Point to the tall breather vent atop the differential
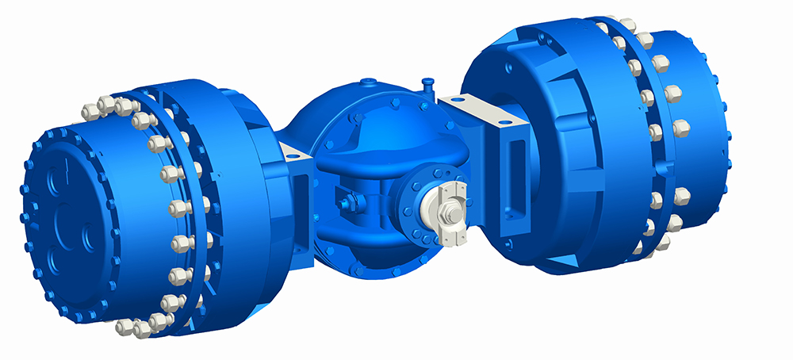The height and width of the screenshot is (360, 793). point(428,84)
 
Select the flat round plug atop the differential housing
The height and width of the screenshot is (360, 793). point(369,83)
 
